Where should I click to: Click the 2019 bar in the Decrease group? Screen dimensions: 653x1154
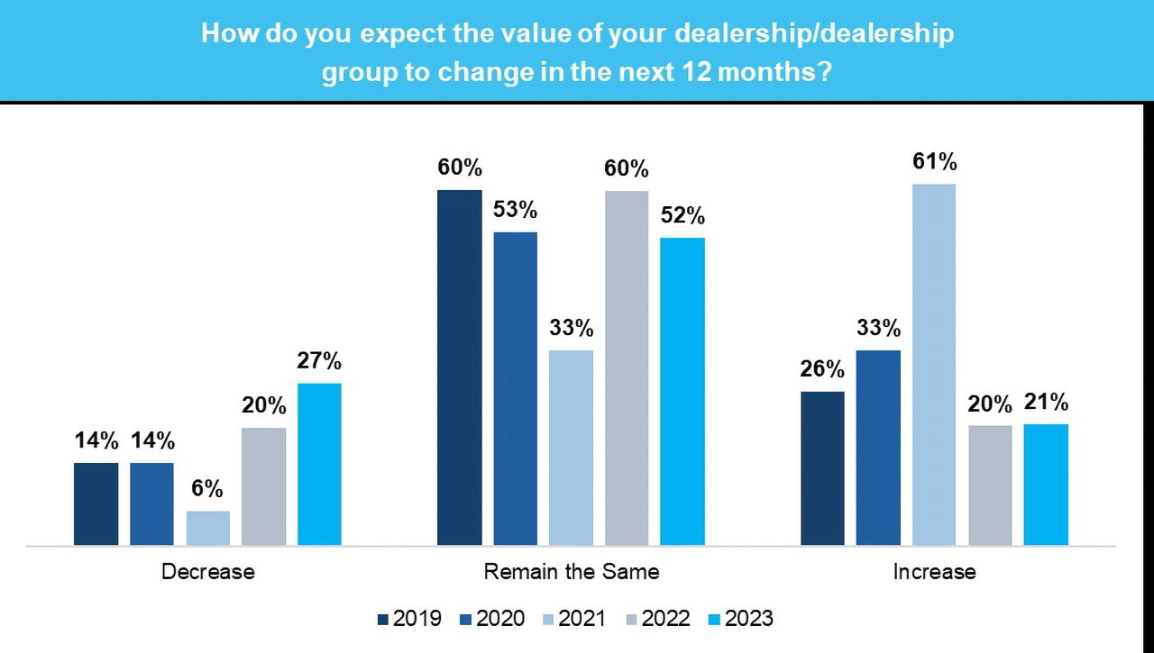coord(96,503)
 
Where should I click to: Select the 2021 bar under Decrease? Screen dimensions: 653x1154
coord(208,528)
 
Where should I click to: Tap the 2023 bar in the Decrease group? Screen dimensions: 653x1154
coord(319,464)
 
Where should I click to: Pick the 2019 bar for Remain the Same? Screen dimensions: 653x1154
coord(459,367)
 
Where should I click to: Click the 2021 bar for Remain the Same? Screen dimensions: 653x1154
coord(571,448)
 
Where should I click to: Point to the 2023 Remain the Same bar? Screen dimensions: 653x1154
coord(682,391)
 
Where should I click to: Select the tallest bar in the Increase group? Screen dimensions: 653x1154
coord(934,364)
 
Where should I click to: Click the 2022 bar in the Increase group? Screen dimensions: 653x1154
coord(990,485)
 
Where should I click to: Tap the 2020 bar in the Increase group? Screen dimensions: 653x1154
coord(878,448)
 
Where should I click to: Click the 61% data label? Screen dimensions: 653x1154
coord(935,163)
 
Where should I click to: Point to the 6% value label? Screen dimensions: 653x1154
coord(207,490)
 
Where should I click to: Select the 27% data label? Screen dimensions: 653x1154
coord(319,362)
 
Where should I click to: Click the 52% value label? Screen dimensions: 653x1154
coord(682,217)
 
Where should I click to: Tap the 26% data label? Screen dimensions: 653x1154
coord(822,370)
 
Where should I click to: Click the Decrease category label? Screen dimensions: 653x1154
coord(207,572)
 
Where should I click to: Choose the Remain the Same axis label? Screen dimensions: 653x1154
coord(571,572)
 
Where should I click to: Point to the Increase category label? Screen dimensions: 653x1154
coord(934,572)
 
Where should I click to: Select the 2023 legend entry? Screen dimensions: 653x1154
coord(738,619)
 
